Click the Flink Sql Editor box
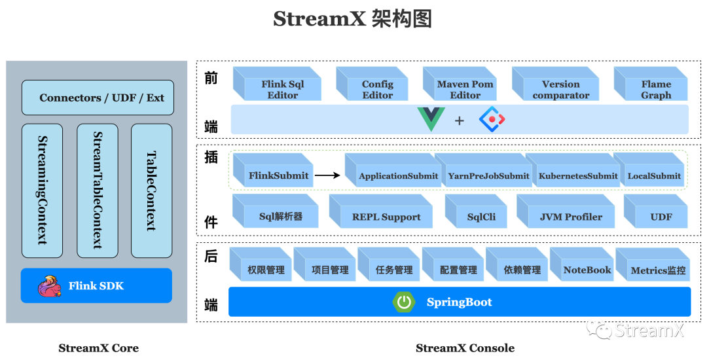277,84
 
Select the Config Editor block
372,84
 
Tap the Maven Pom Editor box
460,84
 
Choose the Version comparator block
555,84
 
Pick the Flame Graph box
651,84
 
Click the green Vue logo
431,119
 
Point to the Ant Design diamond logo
492,119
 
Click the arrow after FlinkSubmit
327,175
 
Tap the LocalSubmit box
649,170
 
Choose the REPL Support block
381,211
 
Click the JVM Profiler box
566,211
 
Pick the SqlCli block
476,211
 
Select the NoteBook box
582,264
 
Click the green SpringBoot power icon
403,302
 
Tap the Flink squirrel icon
49,286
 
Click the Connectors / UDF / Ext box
98,98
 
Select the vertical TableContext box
151,190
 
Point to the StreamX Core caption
98,348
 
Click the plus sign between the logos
459,120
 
